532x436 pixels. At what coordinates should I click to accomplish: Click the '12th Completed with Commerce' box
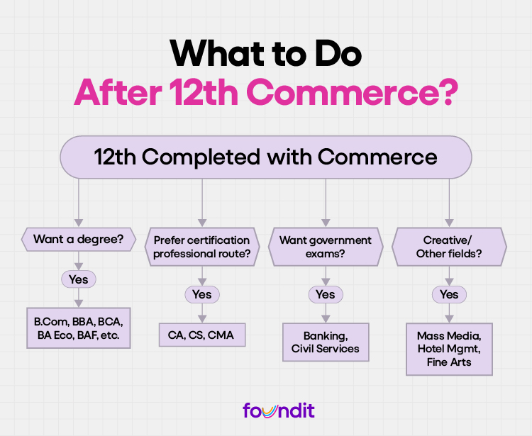(265, 157)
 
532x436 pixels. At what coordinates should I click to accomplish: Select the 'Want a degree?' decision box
(78, 240)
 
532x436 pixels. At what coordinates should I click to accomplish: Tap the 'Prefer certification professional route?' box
(201, 247)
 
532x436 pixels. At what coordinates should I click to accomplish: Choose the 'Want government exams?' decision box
(326, 247)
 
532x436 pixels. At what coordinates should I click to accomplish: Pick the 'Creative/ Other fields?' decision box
(449, 247)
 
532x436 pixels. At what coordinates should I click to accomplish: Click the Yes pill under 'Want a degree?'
(78, 279)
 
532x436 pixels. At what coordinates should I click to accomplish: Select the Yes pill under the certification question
(201, 294)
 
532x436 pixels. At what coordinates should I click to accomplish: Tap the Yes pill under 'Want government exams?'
(326, 294)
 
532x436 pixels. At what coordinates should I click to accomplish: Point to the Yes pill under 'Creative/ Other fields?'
(449, 294)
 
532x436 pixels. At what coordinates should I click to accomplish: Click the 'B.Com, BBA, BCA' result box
(78, 328)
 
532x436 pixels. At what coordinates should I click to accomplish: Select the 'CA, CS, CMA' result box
(201, 335)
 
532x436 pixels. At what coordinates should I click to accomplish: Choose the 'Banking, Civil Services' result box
(326, 342)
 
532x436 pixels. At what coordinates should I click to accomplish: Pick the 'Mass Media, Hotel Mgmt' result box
(449, 349)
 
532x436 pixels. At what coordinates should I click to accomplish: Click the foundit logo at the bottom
(278, 410)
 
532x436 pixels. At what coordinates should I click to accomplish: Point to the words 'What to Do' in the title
(265, 52)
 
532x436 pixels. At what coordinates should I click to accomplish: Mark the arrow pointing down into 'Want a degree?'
(78, 213)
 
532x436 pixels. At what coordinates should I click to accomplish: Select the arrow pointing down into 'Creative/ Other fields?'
(449, 213)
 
